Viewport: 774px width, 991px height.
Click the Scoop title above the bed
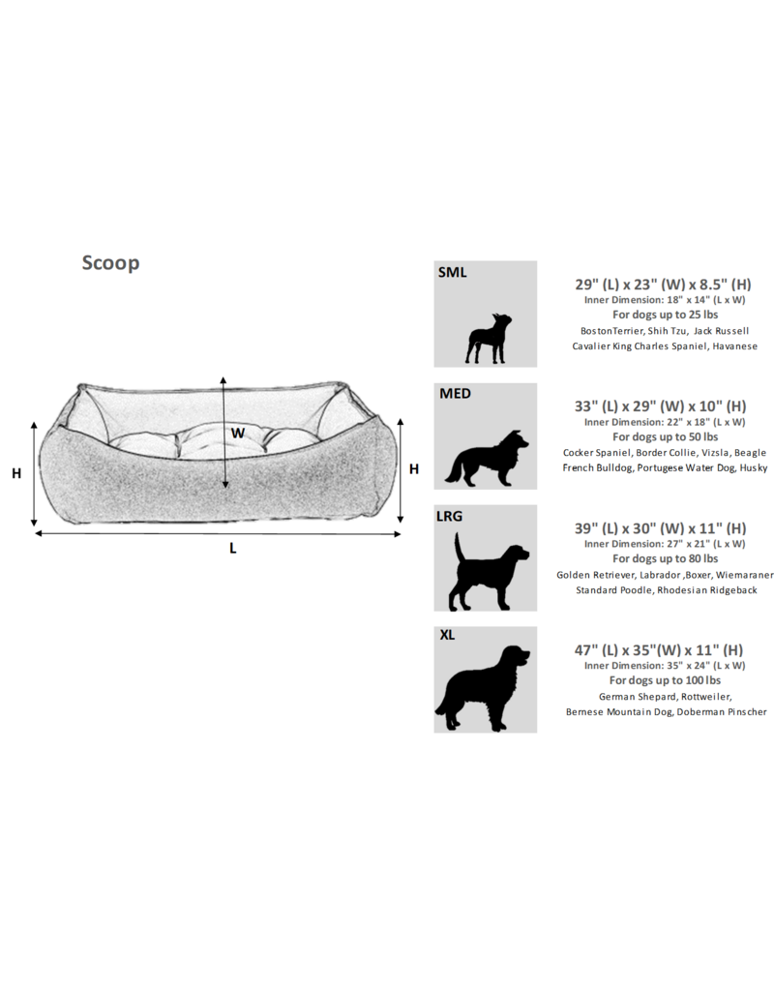110,263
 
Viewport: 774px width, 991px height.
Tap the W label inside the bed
237,433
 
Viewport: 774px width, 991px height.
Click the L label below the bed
233,548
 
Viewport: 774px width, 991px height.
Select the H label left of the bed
16,473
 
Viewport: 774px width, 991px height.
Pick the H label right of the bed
414,468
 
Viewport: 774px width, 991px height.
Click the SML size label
452,273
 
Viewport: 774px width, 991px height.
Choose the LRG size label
450,517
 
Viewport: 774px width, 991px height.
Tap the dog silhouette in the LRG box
490,575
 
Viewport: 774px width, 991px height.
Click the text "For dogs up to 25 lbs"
665,315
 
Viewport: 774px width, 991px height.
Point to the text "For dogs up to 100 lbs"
665,680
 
